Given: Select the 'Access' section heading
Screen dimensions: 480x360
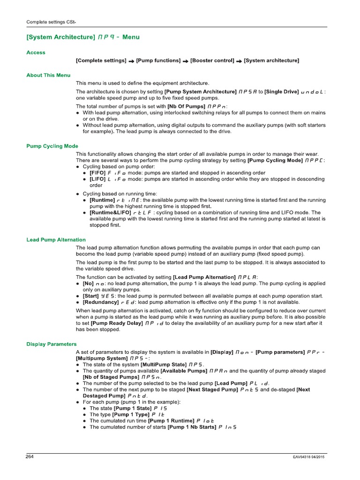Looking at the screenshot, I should pyautogui.click(x=36, y=52).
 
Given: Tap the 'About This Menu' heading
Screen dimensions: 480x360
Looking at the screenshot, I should pyautogui.click(x=48, y=75).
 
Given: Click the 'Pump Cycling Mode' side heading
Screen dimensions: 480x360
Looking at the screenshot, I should pyautogui.click(x=52, y=146).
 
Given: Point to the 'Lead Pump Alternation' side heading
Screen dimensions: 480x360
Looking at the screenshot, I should pyautogui.click(x=56, y=240).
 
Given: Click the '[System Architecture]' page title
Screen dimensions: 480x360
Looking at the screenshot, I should pyautogui.click(x=60, y=37).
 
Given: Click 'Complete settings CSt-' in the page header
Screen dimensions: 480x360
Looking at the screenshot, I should pyautogui.click(x=51, y=22).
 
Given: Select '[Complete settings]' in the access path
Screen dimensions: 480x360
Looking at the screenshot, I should pyautogui.click(x=101, y=60).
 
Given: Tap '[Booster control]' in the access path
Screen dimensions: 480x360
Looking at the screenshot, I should pyautogui.click(x=212, y=60).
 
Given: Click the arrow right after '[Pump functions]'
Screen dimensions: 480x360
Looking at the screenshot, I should pyautogui.click(x=186, y=61).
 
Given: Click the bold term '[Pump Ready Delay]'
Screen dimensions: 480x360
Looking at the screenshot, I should pyautogui.click(x=117, y=323).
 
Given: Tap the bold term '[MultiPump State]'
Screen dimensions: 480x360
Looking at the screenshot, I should pyautogui.click(x=163, y=364).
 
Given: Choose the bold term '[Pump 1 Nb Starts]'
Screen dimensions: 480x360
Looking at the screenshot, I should pyautogui.click(x=192, y=427).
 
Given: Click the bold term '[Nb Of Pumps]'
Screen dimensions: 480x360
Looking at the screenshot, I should pyautogui.click(x=186, y=106).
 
